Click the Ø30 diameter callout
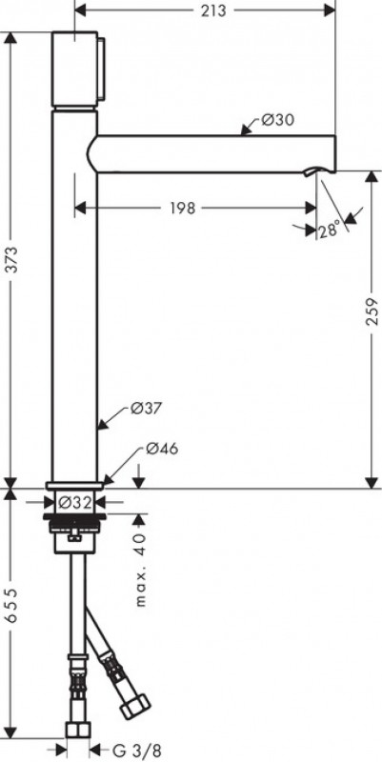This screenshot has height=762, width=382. pos(275,120)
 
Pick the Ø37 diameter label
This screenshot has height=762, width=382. pos(144,408)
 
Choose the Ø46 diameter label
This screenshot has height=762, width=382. pos(162,449)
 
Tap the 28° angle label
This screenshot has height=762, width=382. pos(330,230)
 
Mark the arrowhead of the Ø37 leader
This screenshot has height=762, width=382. pos(102,423)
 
